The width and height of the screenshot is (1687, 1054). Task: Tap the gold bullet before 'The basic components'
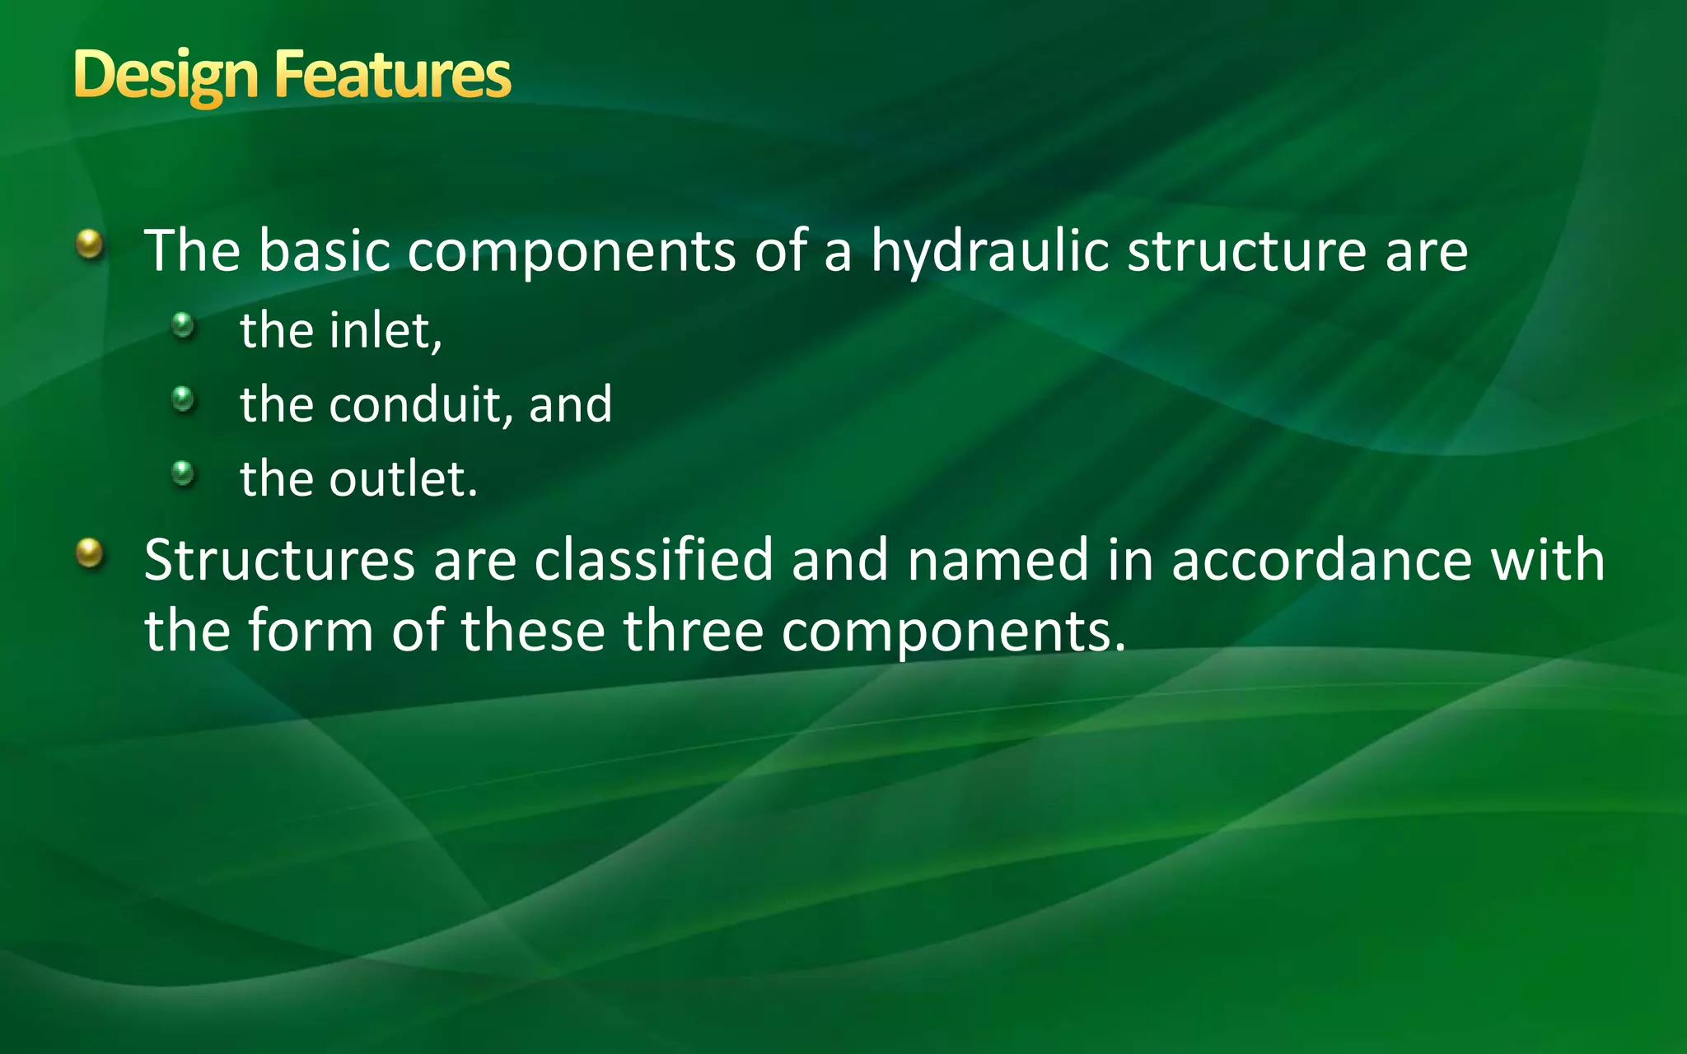tap(90, 244)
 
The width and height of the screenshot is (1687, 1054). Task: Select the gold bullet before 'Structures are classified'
tap(90, 553)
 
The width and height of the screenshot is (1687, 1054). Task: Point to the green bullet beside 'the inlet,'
tap(183, 325)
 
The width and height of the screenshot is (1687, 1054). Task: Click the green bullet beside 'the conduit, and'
tap(183, 400)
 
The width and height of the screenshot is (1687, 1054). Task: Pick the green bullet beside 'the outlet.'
tap(183, 473)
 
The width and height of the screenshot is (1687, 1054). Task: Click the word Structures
tap(279, 560)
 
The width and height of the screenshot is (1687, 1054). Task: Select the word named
tap(998, 560)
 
